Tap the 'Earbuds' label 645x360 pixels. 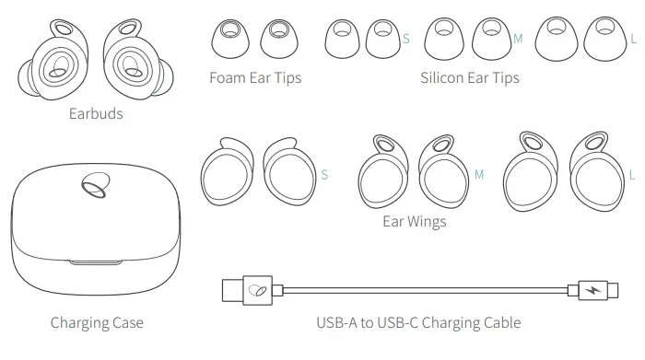pyautogui.click(x=96, y=115)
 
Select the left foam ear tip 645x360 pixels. pyautogui.click(x=228, y=38)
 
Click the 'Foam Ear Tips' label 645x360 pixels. pyautogui.click(x=255, y=78)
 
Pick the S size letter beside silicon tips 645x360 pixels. pyautogui.click(x=406, y=39)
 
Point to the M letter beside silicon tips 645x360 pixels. pyautogui.click(x=517, y=39)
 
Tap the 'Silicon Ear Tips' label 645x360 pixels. pyautogui.click(x=469, y=78)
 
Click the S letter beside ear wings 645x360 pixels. pyautogui.click(x=325, y=174)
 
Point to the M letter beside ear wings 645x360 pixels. pyautogui.click(x=478, y=174)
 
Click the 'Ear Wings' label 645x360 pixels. pyautogui.click(x=414, y=222)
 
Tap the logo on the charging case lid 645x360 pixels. pyautogui.click(x=92, y=187)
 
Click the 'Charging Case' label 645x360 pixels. pyautogui.click(x=97, y=323)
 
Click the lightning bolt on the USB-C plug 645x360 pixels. pyautogui.click(x=589, y=291)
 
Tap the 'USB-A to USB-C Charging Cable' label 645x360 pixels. pyautogui.click(x=417, y=323)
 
